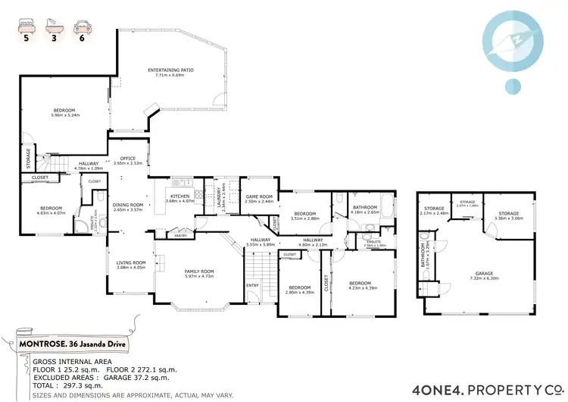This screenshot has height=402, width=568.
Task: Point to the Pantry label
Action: pos(180,236)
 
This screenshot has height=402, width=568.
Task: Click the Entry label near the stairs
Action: pos(251,285)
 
